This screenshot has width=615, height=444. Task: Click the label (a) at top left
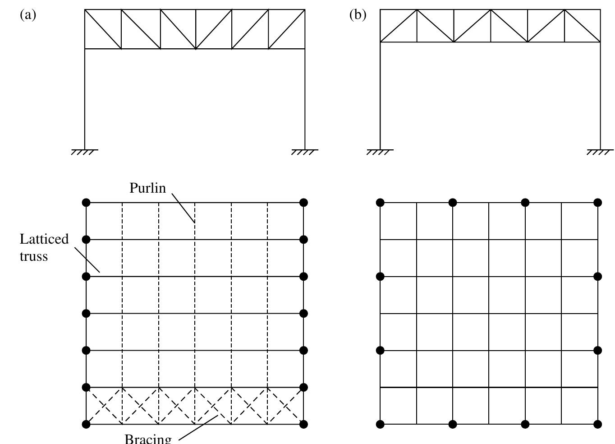(28, 15)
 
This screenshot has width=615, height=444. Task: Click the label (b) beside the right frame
(358, 15)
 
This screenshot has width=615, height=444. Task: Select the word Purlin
(148, 188)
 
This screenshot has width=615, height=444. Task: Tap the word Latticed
(44, 239)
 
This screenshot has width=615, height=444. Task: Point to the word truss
(34, 257)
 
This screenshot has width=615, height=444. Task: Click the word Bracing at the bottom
(148, 439)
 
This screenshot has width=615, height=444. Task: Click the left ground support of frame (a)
(85, 152)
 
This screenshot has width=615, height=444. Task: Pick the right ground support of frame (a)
(305, 152)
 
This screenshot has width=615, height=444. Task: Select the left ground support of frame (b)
(380, 152)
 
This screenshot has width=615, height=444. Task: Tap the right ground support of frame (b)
(600, 152)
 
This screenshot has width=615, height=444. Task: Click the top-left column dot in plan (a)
(86, 203)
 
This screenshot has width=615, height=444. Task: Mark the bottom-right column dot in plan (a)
(303, 424)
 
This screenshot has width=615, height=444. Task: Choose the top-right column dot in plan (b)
(598, 203)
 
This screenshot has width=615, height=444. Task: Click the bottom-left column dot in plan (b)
(380, 424)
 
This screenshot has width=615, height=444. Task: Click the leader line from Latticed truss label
(87, 259)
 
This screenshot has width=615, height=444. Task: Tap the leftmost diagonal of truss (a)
(103, 29)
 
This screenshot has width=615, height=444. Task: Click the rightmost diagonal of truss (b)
(583, 26)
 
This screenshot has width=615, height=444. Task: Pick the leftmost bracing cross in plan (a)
(104, 406)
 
